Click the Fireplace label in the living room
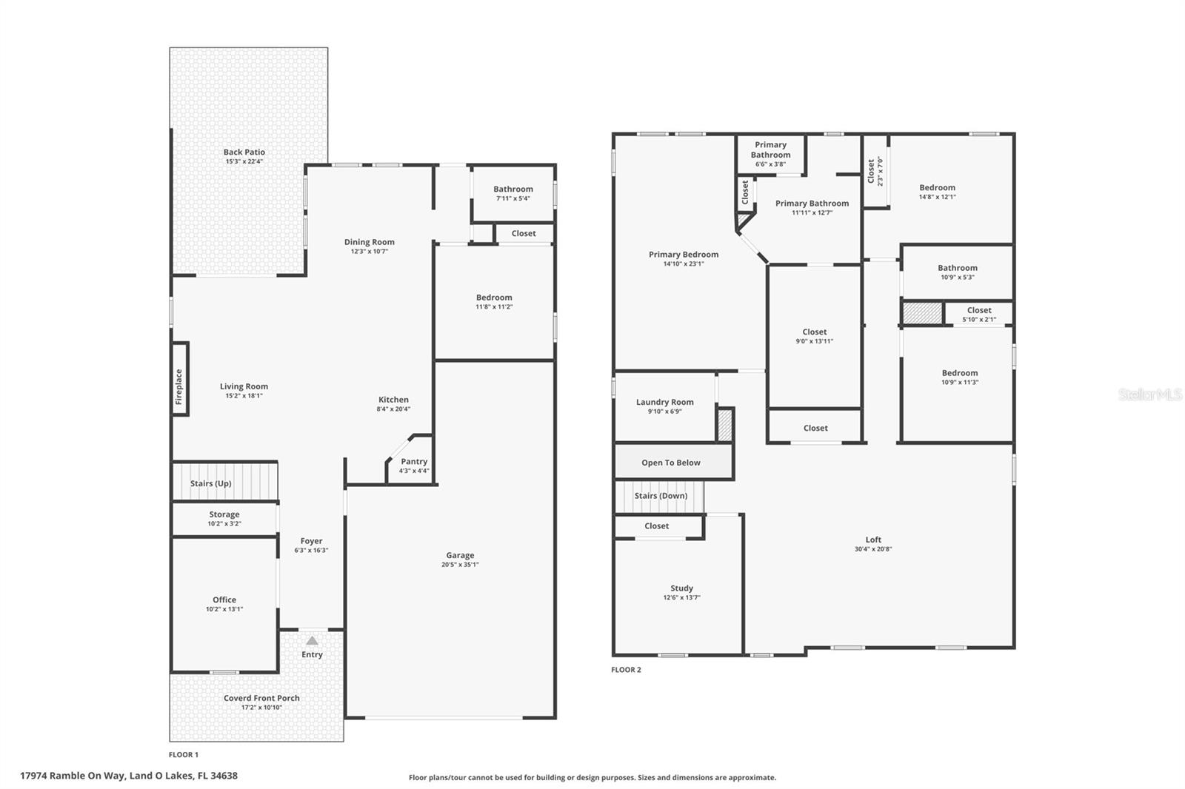pyautogui.click(x=178, y=386)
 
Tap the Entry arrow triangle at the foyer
pyautogui.click(x=313, y=641)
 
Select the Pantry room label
pyautogui.click(x=414, y=461)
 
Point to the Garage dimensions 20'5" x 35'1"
pyautogui.click(x=460, y=565)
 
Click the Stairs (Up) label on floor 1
pyautogui.click(x=211, y=483)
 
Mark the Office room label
pyautogui.click(x=224, y=600)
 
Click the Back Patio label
pyautogui.click(x=244, y=152)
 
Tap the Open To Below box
pyautogui.click(x=671, y=463)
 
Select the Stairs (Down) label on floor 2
pyautogui.click(x=661, y=496)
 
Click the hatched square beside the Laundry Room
pyautogui.click(x=725, y=426)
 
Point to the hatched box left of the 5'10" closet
pyautogui.click(x=922, y=313)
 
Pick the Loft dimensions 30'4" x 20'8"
pyautogui.click(x=873, y=549)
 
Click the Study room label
pyautogui.click(x=682, y=588)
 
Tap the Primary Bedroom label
pyautogui.click(x=684, y=255)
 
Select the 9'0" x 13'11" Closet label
pyautogui.click(x=815, y=332)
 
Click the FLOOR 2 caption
pyautogui.click(x=626, y=670)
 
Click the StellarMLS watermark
pyautogui.click(x=1149, y=394)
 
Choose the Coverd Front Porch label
pyautogui.click(x=261, y=698)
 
